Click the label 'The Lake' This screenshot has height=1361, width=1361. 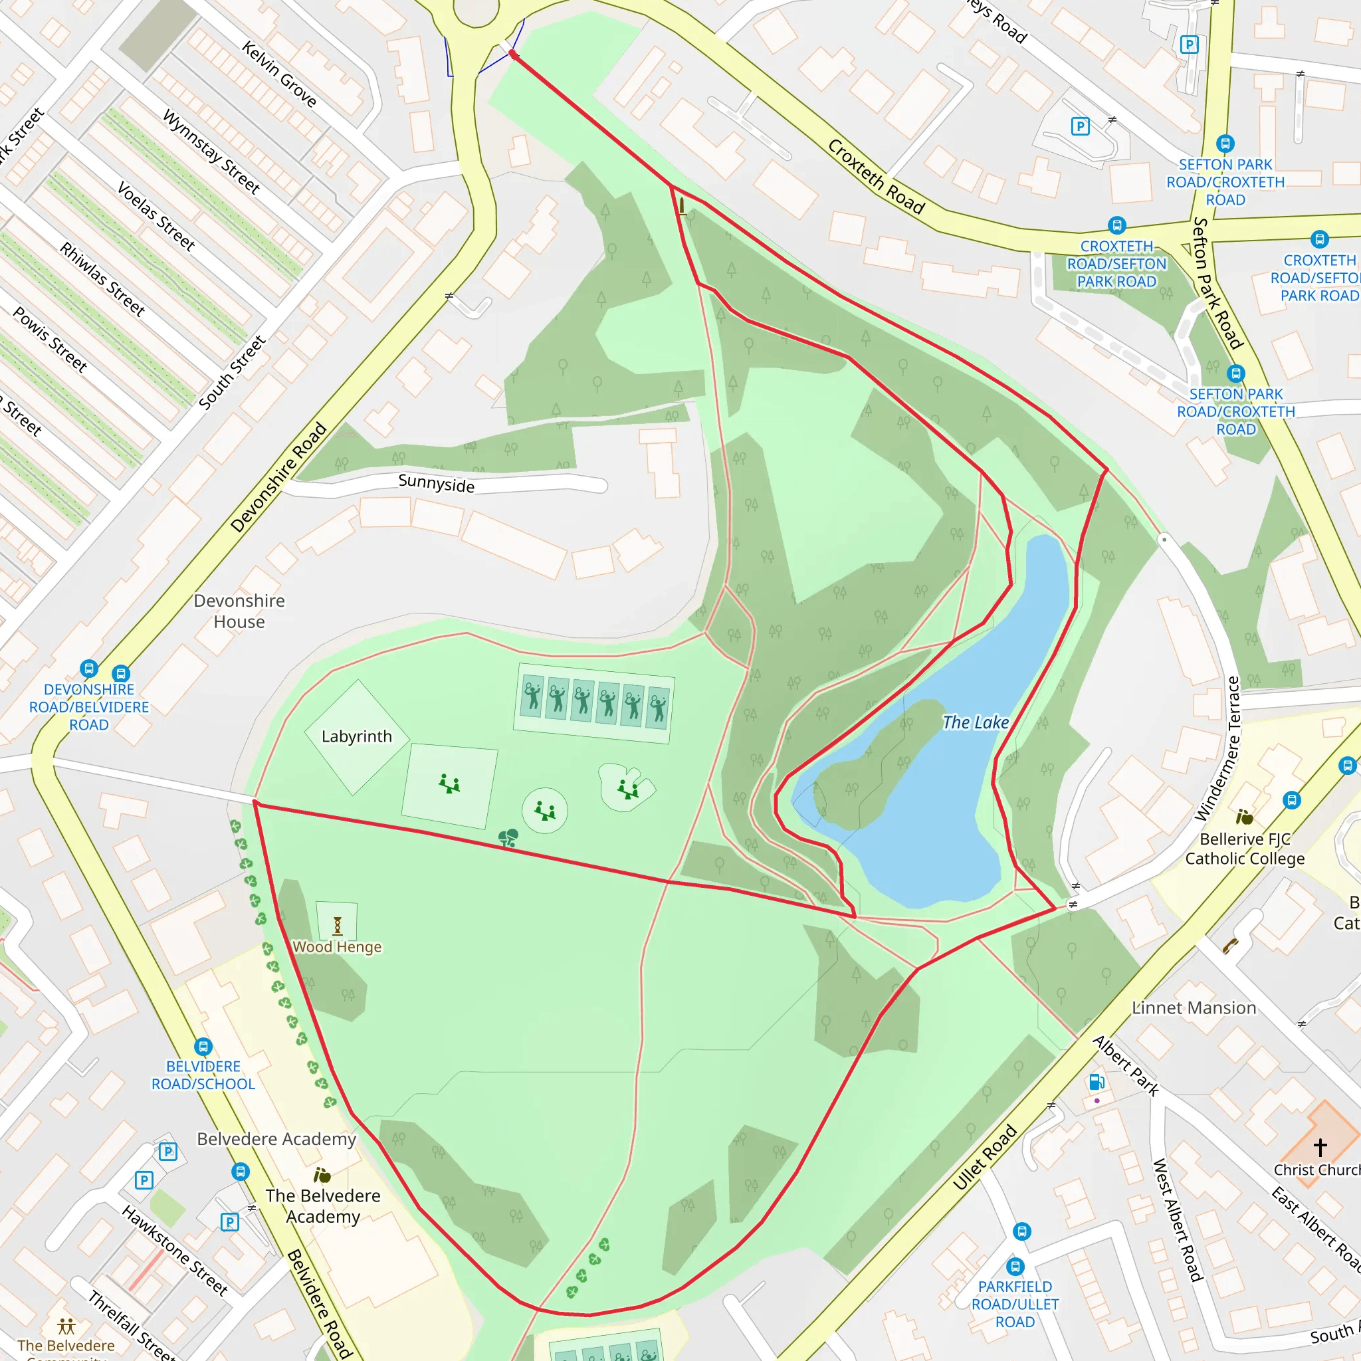975,723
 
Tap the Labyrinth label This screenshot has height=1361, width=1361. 356,737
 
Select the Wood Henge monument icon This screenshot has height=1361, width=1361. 338,925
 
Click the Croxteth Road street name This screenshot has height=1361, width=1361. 876,176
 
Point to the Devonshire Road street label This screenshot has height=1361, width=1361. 279,477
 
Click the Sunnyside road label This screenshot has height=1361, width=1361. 436,484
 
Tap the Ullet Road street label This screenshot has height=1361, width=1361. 985,1158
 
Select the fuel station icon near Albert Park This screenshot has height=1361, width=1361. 1096,1082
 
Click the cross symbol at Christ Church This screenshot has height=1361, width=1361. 1320,1147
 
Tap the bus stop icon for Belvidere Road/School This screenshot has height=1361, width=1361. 203,1047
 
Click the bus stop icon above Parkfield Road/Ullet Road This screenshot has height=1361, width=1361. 1022,1231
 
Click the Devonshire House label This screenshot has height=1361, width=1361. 239,611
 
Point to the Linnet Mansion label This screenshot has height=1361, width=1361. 1194,1008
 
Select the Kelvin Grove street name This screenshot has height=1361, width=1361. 279,74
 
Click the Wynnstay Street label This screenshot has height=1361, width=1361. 211,152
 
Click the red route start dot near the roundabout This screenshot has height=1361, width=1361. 514,55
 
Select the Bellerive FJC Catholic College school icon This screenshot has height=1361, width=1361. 1244,817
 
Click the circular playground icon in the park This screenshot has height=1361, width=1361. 544,811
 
